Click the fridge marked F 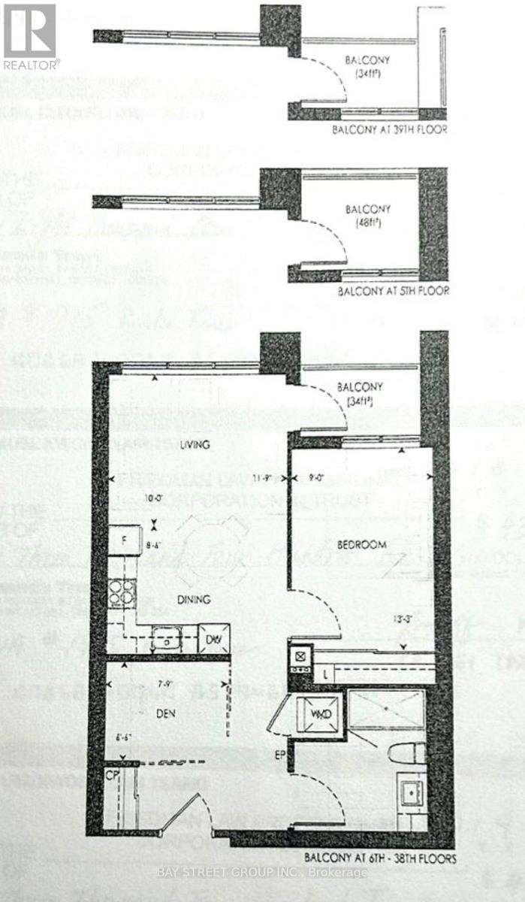click(122, 540)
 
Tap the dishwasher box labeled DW click(213, 640)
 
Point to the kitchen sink click(165, 640)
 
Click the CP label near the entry click(113, 773)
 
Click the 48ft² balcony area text click(361, 222)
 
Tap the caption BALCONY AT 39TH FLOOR click(390, 130)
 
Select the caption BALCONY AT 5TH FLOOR click(392, 290)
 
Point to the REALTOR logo click(31, 35)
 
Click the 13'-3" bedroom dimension click(403, 620)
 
